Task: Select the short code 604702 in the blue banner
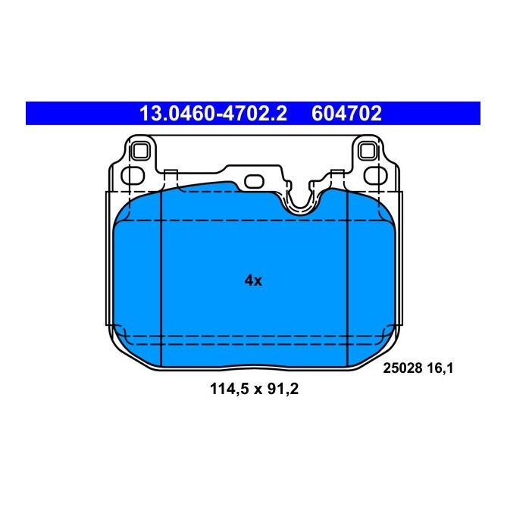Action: [346, 114]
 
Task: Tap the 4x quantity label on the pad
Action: [252, 280]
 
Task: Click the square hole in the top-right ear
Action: [369, 150]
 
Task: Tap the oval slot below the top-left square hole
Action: [133, 176]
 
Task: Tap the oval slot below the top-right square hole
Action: [374, 176]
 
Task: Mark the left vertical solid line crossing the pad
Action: [163, 280]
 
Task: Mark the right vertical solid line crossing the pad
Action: [346, 280]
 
